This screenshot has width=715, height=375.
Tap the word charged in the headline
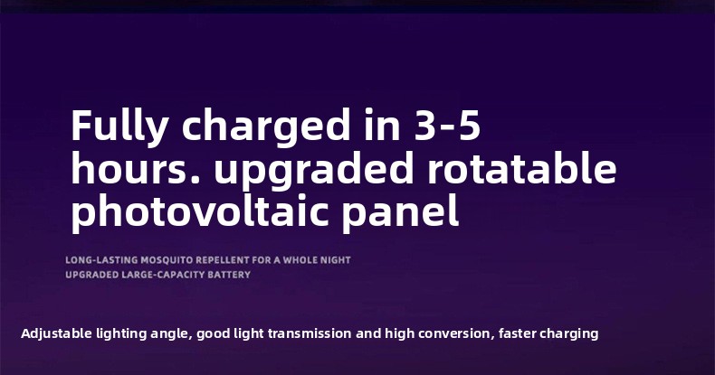click(x=266, y=127)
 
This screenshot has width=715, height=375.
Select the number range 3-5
click(x=447, y=125)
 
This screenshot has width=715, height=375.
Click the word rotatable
click(x=521, y=167)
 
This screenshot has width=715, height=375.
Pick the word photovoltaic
click(x=200, y=211)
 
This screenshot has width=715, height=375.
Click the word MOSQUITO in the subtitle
click(x=167, y=260)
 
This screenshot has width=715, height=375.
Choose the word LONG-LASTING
click(x=101, y=260)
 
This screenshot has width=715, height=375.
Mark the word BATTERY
click(x=229, y=275)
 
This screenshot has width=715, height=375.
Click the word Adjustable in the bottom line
click(x=56, y=333)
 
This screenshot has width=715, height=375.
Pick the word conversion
click(x=456, y=333)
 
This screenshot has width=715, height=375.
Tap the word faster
click(x=517, y=333)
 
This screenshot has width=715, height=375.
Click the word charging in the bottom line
click(x=568, y=334)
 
